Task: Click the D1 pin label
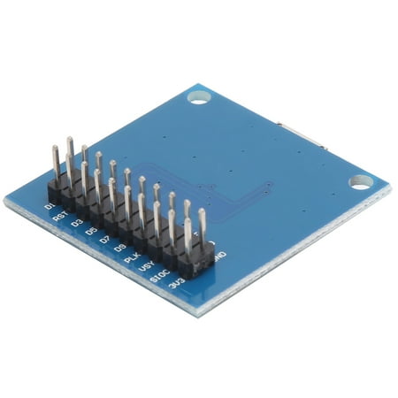coord(50,206)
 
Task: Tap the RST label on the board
coord(61,216)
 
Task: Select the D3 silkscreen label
coord(78,224)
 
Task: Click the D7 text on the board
coord(104,241)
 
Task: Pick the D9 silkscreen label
coord(119,249)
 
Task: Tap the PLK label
coord(133,259)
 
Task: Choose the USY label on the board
coord(147,269)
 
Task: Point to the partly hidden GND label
coord(218,257)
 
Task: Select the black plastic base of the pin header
coord(133,226)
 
